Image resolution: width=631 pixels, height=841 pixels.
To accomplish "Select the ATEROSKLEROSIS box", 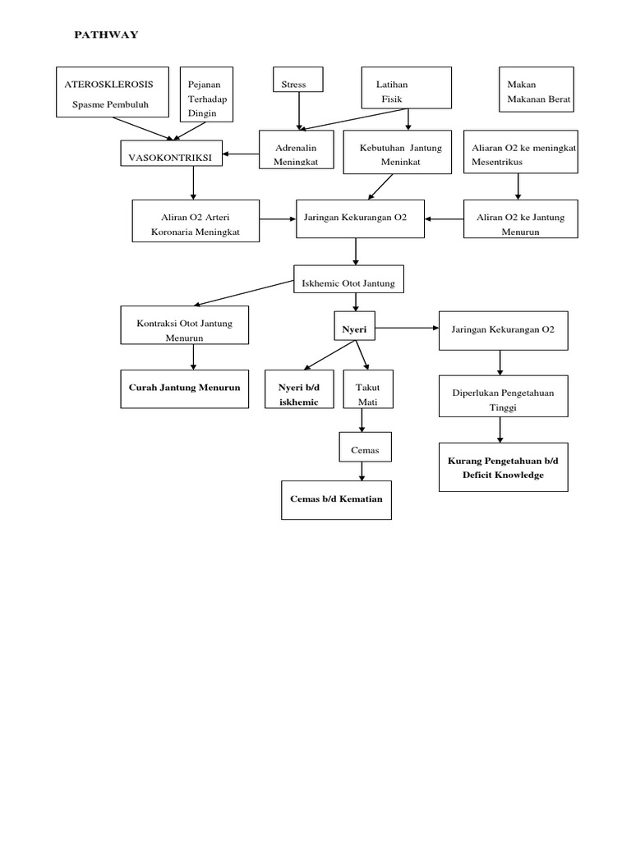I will pos(112,92).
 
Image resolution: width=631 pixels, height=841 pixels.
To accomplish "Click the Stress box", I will pos(298,80).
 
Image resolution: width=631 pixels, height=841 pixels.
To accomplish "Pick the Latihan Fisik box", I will pos(407,88).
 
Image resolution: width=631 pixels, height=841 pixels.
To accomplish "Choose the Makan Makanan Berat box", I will pos(537,90).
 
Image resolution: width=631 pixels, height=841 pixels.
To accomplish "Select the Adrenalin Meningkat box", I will pos(296,149).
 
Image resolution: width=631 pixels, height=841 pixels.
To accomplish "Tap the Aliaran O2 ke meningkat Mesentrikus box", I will pos(520,153).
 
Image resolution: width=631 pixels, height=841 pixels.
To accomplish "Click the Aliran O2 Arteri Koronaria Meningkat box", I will pos(196,221).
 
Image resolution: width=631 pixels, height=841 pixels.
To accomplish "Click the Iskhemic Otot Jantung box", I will pos(349,281).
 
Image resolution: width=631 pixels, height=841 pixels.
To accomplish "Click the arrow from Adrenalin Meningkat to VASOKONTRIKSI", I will pos(241,154).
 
